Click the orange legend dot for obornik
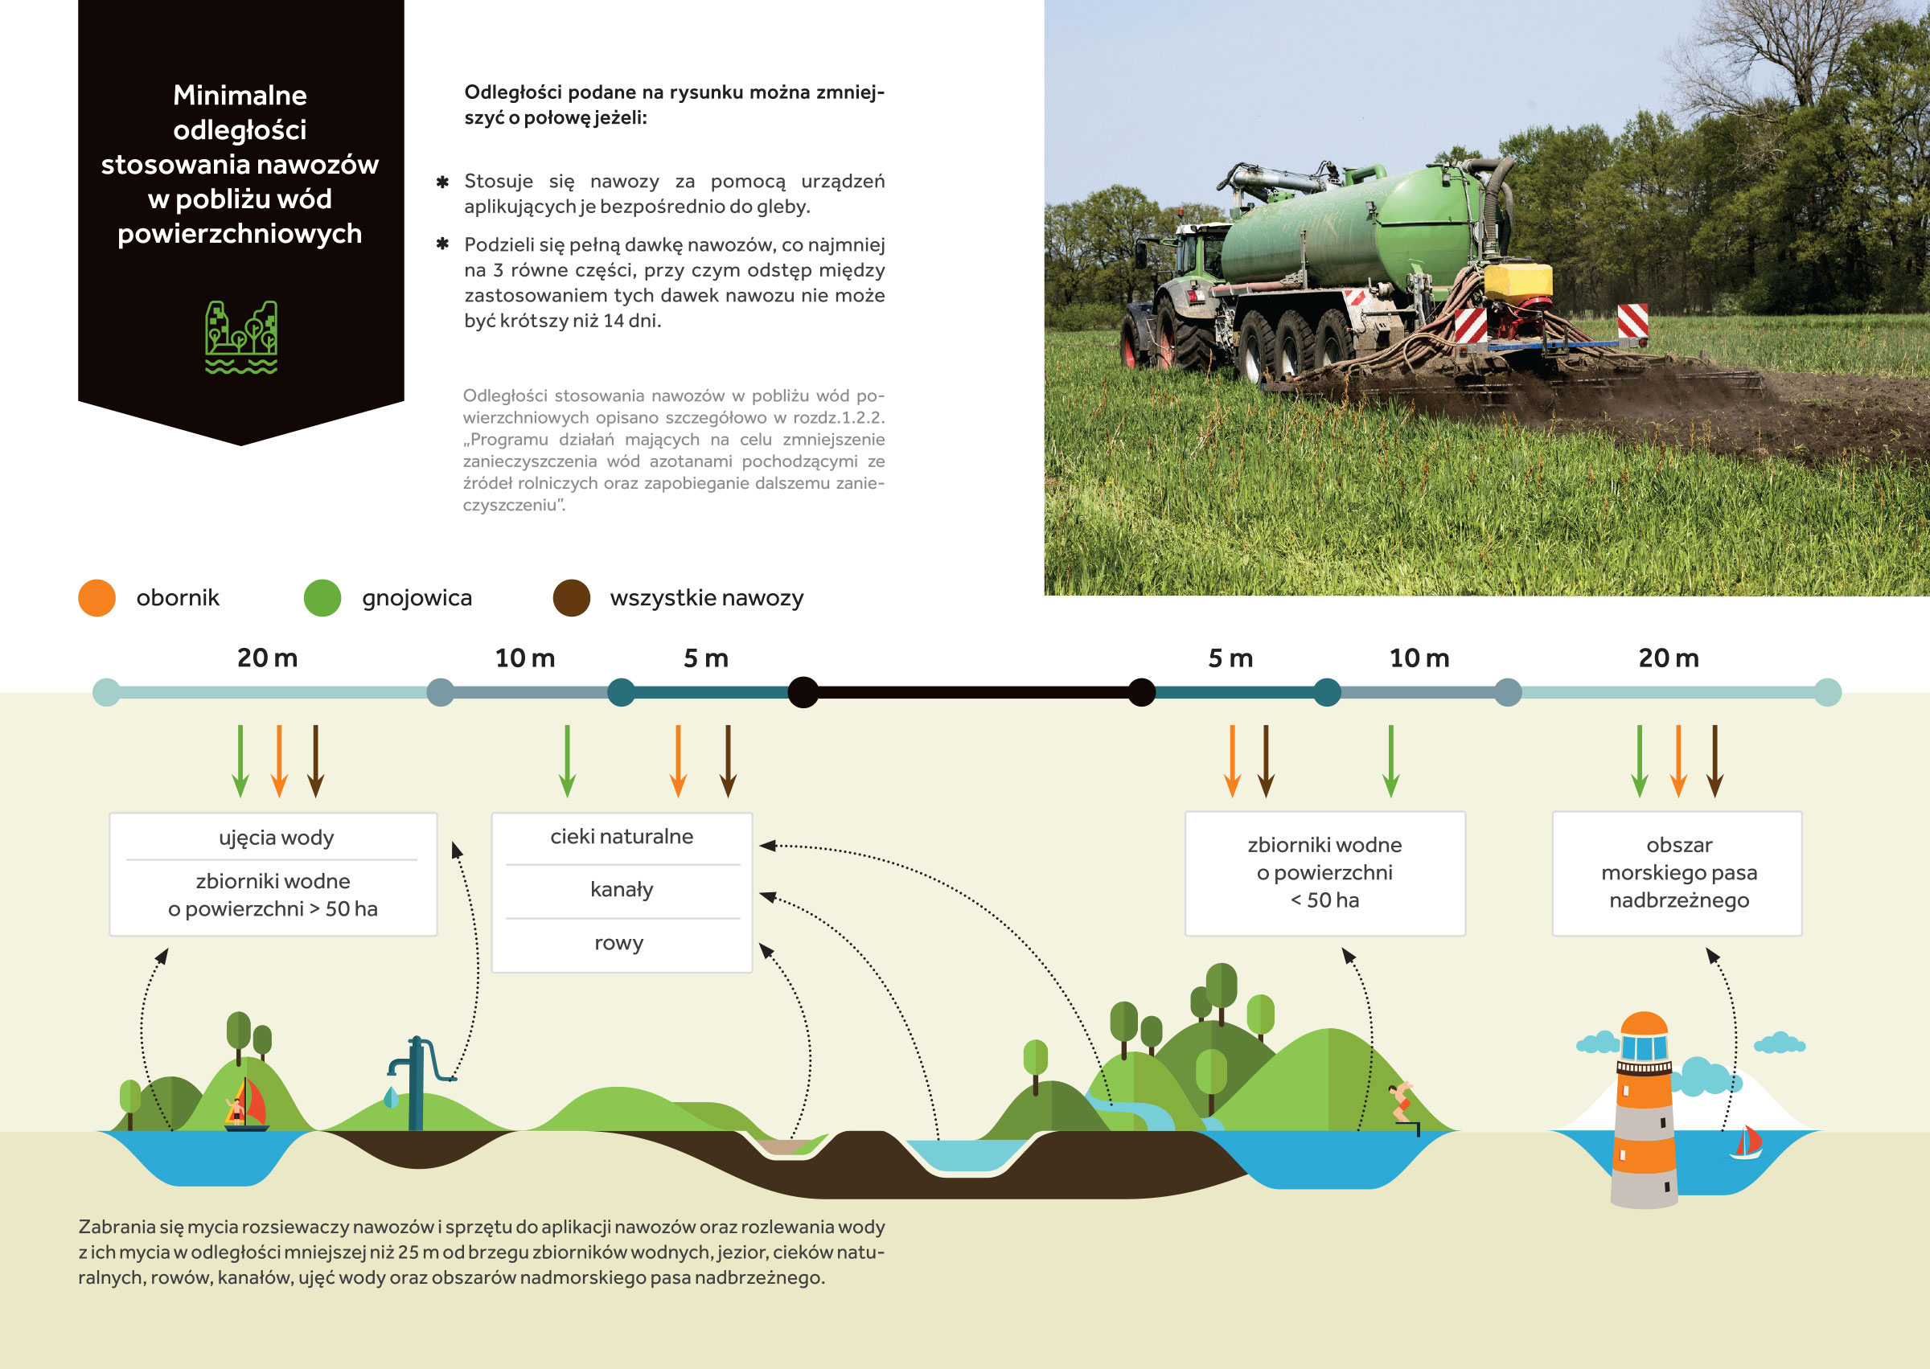point(97,597)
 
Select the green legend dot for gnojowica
point(322,597)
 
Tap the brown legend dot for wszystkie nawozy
point(572,597)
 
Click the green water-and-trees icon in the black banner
point(241,337)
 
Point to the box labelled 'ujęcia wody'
point(273,874)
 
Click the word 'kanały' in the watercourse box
point(622,890)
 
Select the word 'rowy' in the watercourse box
point(619,943)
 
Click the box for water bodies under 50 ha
point(1324,873)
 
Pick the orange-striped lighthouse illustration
point(1644,1109)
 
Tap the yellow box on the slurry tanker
point(1517,283)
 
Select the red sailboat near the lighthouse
point(1746,1142)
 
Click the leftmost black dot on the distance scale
point(803,692)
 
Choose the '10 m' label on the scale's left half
point(524,658)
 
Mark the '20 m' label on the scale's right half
point(1669,658)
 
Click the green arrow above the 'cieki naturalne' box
point(568,761)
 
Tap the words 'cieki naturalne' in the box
point(622,836)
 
